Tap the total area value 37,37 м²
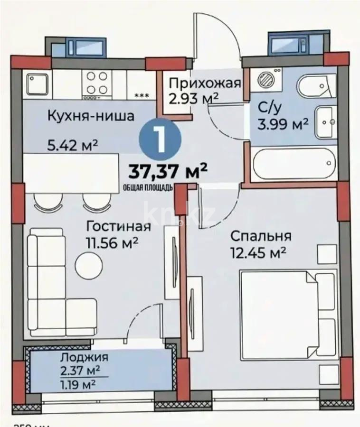pos(168,170)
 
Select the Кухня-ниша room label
pos(90,115)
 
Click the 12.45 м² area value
pos(258,252)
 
